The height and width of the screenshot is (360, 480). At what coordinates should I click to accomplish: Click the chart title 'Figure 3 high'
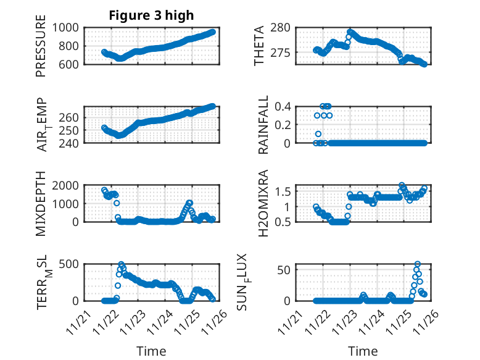(x=151, y=15)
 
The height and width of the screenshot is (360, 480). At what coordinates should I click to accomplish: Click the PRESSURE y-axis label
(x=41, y=50)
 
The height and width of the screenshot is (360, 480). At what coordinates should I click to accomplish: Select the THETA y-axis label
(x=259, y=46)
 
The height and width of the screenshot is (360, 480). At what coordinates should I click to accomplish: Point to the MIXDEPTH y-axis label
(x=41, y=204)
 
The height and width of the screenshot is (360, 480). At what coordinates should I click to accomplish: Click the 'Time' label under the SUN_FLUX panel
(x=362, y=351)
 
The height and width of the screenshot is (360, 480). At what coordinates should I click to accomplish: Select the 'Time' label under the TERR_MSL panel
(x=151, y=351)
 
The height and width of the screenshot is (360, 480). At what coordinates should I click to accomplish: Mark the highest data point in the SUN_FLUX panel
(x=418, y=264)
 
